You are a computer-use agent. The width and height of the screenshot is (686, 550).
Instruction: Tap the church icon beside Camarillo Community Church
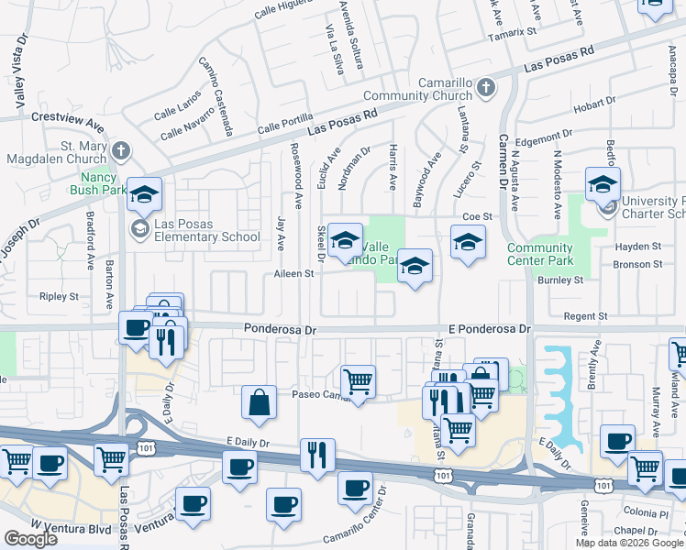[x=485, y=88]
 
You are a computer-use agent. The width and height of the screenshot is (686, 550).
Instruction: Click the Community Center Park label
[x=540, y=255]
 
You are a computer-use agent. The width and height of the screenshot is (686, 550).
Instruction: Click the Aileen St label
[x=293, y=274]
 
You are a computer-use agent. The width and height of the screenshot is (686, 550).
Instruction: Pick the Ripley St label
[x=59, y=297]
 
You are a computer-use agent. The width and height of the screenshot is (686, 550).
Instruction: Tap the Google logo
[x=30, y=539]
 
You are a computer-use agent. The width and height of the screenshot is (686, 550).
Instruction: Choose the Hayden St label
[x=638, y=247]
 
